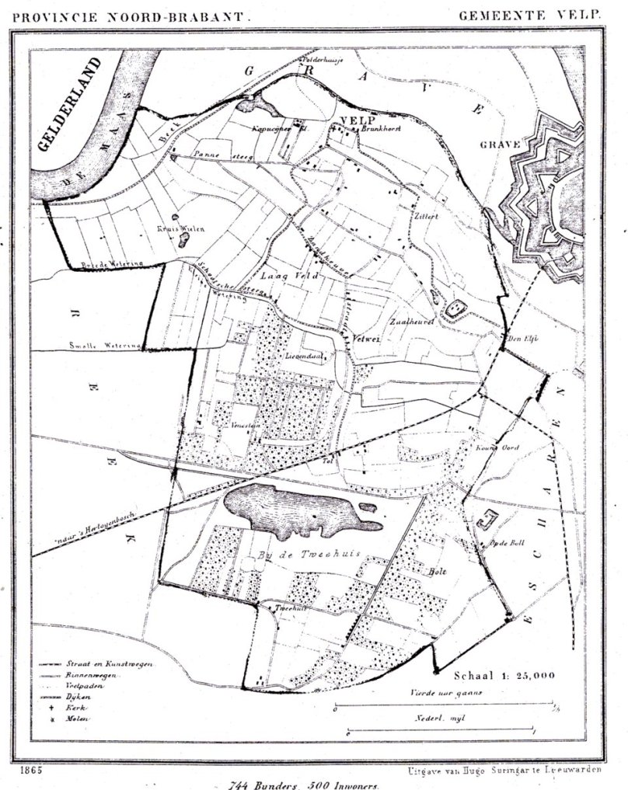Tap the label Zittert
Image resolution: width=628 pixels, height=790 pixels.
click(427, 217)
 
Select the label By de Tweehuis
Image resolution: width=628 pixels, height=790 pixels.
click(294, 558)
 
